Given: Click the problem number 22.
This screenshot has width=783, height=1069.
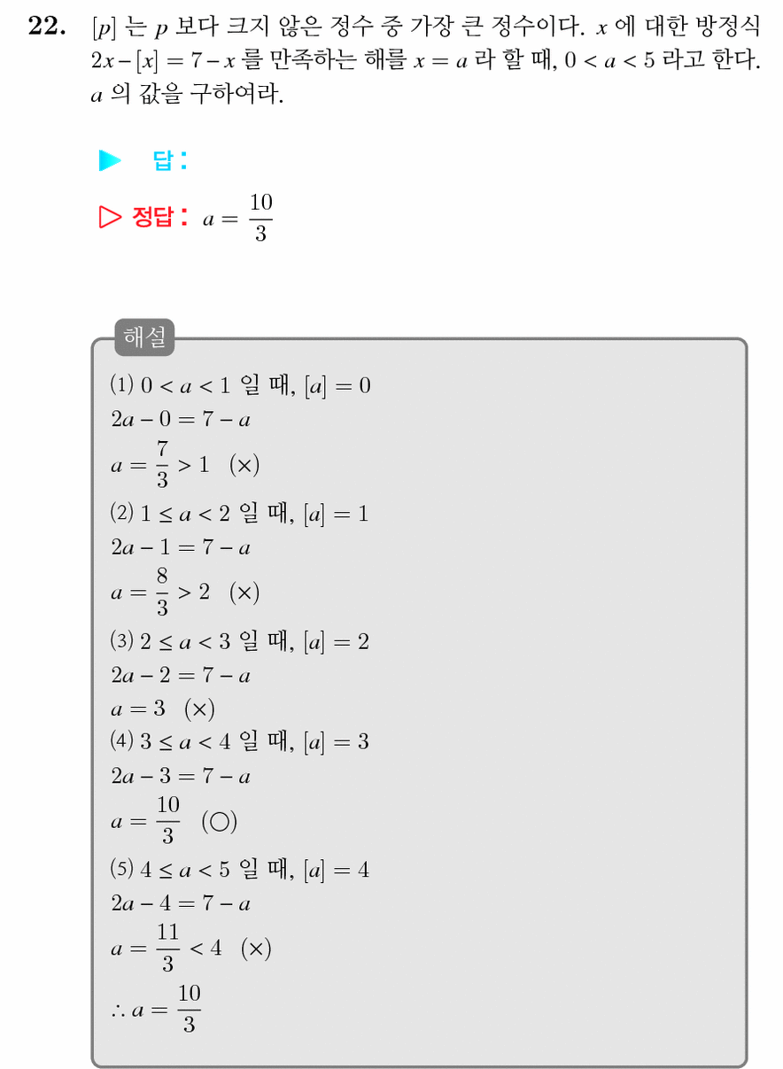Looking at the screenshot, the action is tap(46, 26).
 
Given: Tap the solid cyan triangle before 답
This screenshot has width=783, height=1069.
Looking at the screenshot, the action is tap(110, 160).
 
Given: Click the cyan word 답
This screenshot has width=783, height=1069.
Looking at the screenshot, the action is tap(163, 160).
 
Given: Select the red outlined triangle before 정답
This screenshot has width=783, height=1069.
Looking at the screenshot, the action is tap(110, 217).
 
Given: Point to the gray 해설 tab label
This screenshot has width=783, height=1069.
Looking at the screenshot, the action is tap(144, 337).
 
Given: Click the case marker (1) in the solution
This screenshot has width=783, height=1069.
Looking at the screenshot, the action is tap(121, 384).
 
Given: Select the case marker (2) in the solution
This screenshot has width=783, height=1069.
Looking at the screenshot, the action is tap(121, 513).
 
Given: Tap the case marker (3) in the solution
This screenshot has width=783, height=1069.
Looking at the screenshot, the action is tap(121, 640).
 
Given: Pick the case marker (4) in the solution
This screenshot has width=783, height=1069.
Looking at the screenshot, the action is tap(121, 740).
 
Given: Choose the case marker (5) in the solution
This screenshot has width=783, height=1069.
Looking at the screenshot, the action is tap(121, 869).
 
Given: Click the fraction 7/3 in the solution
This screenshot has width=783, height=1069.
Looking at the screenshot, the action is tap(162, 464).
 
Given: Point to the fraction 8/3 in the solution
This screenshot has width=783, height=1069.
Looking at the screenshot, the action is tap(162, 593).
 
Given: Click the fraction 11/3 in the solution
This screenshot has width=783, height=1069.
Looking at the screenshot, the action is tap(168, 948).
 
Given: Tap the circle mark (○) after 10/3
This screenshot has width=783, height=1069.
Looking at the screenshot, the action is tap(220, 822).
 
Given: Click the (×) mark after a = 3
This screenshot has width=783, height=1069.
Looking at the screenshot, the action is tap(199, 709).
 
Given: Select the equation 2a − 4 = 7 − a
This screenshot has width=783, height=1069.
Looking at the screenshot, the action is tap(181, 903).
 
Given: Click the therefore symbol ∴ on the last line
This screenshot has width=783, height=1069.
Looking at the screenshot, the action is tap(118, 1011).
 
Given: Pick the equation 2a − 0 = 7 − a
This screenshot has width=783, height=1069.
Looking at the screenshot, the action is tap(181, 420).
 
